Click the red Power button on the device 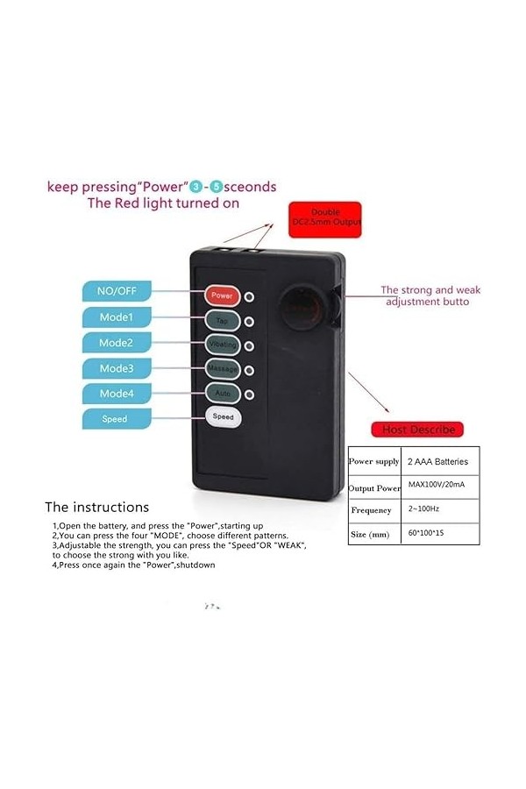[222, 295]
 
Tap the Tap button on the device [222, 320]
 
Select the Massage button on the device [223, 368]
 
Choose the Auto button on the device [222, 393]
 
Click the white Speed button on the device [223, 417]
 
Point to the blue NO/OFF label [116, 291]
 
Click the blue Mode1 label [116, 316]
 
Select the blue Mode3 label [116, 368]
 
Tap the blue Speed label [116, 419]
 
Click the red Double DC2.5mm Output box [324, 217]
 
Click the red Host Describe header [418, 430]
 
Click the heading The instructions [97, 507]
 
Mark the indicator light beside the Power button [249, 296]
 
